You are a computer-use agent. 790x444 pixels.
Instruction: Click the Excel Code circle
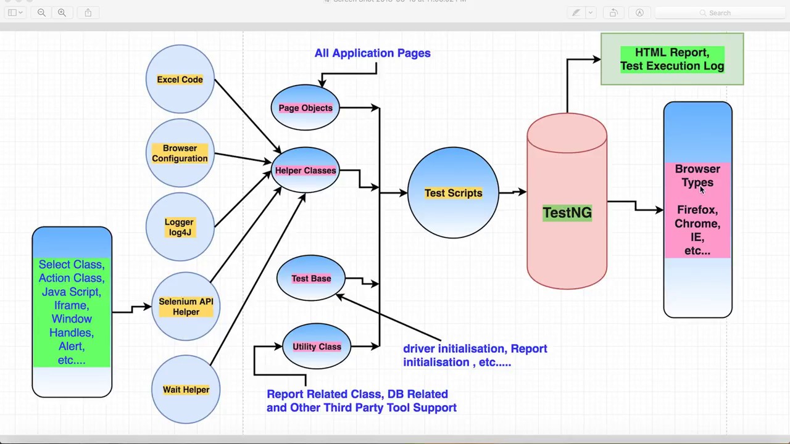tap(180, 80)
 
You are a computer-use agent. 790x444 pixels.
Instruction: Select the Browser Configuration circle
tap(180, 153)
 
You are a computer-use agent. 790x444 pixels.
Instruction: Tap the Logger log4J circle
tap(179, 227)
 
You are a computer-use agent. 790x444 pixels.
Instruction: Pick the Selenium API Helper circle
tap(186, 306)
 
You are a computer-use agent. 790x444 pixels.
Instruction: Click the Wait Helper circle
tap(186, 390)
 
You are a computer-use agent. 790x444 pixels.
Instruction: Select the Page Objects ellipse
tap(305, 108)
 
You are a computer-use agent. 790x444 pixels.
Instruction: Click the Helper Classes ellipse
tap(306, 171)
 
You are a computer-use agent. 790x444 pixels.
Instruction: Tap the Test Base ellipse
tap(311, 279)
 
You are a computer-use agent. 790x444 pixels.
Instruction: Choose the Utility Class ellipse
tap(317, 347)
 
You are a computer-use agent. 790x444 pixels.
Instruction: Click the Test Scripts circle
tap(453, 193)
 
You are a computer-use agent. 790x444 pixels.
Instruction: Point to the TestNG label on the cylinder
tap(567, 213)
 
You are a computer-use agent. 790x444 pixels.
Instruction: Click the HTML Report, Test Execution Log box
tap(672, 59)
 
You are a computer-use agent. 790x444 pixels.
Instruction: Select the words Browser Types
tap(697, 176)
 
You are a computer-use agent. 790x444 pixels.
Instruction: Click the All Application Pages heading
tap(372, 53)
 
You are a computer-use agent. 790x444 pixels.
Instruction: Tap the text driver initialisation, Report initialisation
tap(475, 355)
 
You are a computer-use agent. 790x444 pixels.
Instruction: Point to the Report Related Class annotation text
tap(361, 401)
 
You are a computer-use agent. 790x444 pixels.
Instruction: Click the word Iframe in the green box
tap(71, 305)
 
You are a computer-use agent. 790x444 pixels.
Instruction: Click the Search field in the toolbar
tap(719, 12)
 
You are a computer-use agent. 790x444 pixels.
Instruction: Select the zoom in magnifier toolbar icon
tap(62, 12)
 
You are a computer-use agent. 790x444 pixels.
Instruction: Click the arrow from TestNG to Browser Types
tap(636, 206)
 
